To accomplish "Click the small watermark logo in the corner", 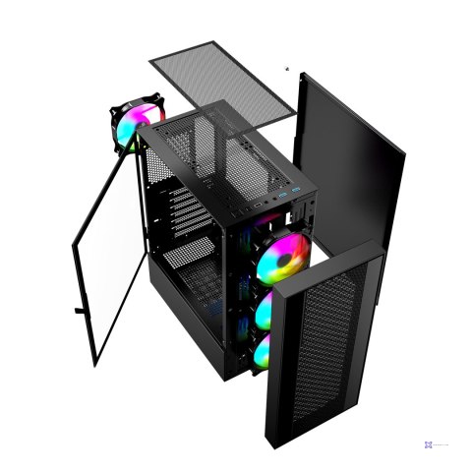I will [x=431, y=444].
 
